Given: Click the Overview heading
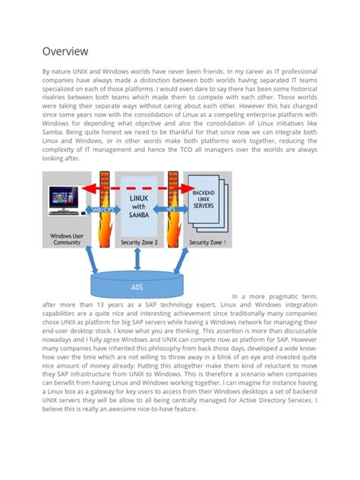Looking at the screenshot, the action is point(65,51).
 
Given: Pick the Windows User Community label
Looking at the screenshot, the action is point(67,239).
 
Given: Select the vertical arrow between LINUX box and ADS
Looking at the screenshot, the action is point(136,260).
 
